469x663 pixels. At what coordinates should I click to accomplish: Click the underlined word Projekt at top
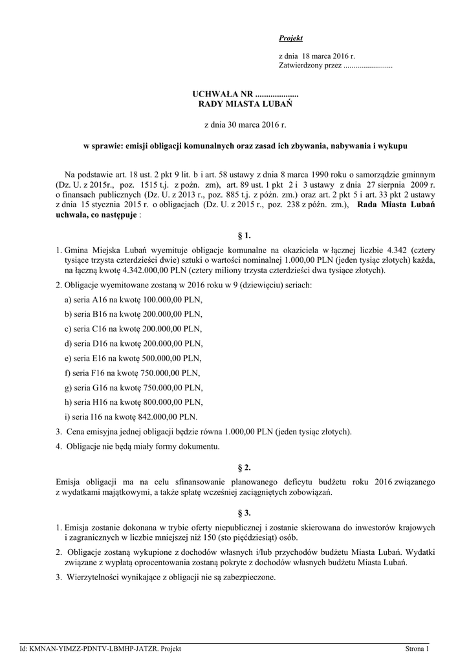click(x=290, y=38)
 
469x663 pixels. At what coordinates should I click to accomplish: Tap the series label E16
click(x=99, y=358)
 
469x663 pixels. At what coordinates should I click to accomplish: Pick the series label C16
click(x=100, y=329)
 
